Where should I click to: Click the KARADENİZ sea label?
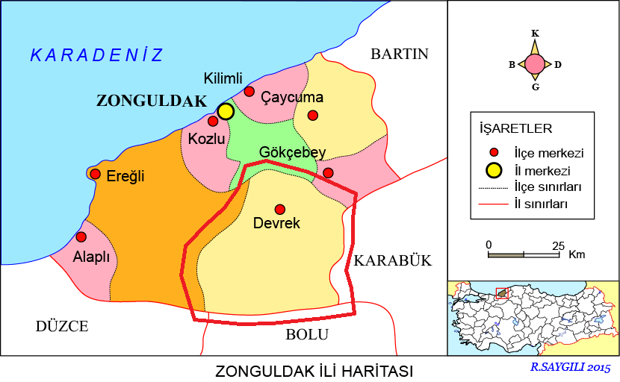[96, 54]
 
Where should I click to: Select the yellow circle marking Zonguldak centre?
[226, 111]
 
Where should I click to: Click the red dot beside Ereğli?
[95, 174]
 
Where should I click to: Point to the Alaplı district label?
[92, 257]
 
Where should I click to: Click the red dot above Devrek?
[279, 209]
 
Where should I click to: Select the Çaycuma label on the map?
[292, 97]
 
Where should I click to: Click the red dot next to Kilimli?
[249, 91]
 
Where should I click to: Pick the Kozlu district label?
[206, 139]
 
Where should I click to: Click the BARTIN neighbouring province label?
[400, 54]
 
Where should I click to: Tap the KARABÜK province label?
[393, 260]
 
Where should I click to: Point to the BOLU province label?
[306, 335]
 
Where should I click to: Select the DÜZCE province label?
[62, 326]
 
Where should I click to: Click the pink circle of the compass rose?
[535, 64]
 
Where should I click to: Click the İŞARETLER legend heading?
[515, 128]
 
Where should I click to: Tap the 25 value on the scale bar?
[558, 245]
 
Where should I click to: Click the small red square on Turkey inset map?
[501, 292]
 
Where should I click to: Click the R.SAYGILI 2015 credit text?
[571, 368]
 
